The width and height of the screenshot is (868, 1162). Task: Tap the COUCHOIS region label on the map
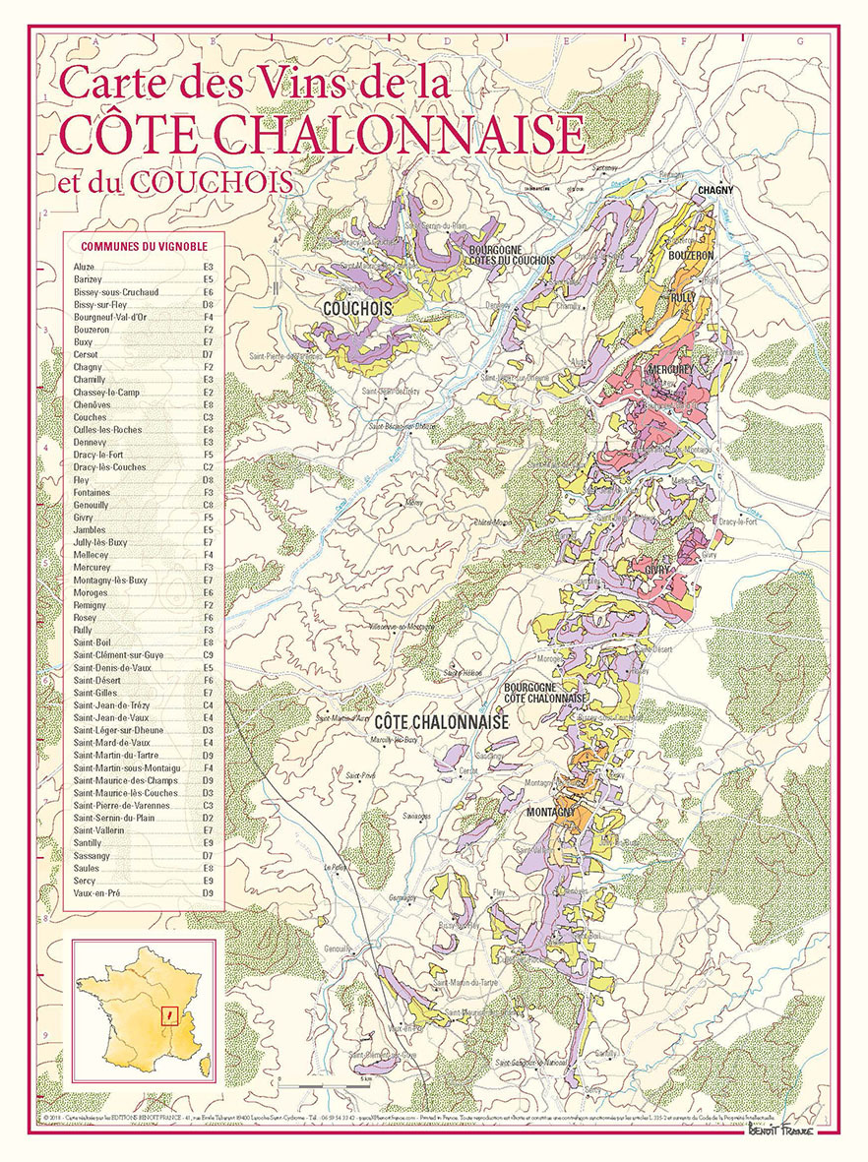(x=356, y=308)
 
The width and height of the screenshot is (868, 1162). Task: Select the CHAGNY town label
(x=715, y=189)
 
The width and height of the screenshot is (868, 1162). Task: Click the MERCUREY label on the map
(x=671, y=369)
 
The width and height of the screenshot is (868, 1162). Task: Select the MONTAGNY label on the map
(x=551, y=812)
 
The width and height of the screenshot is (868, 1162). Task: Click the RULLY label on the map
(x=683, y=296)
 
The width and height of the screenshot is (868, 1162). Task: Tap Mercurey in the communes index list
(x=92, y=568)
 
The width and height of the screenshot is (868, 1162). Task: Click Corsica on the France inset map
(x=205, y=1063)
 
